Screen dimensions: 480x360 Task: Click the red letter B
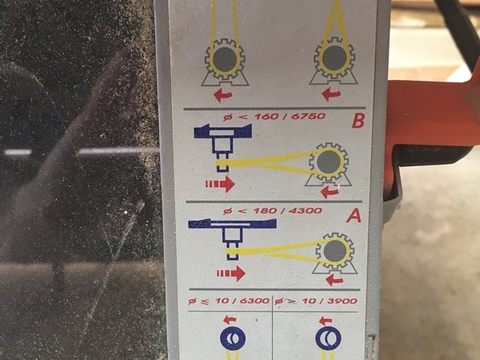click(x=358, y=120)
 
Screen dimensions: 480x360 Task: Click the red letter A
click(x=354, y=216)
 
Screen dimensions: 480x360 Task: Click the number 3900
click(x=342, y=301)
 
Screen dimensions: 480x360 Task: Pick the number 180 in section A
click(x=265, y=211)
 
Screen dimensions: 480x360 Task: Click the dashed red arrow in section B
click(x=220, y=184)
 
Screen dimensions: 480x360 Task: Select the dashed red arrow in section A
click(x=231, y=273)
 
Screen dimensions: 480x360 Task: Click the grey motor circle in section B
click(x=329, y=162)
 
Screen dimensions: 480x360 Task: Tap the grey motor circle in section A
click(x=335, y=251)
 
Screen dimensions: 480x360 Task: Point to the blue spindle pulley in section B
click(x=223, y=144)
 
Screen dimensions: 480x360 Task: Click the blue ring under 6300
click(x=233, y=338)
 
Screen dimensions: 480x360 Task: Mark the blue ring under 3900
click(x=328, y=338)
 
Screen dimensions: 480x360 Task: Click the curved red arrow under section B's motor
click(x=330, y=193)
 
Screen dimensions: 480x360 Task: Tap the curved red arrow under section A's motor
click(x=334, y=279)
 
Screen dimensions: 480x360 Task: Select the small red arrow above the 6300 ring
click(x=230, y=320)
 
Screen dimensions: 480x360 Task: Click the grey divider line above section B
click(x=274, y=108)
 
